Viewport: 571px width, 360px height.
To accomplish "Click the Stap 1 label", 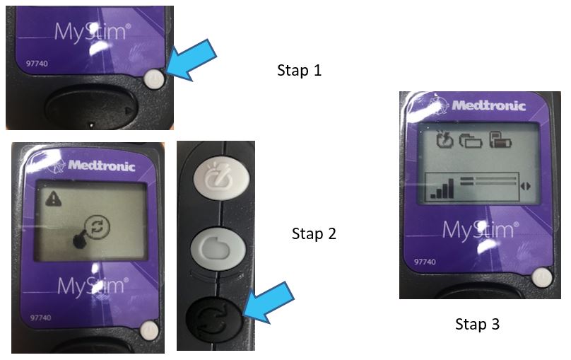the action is tap(300, 70).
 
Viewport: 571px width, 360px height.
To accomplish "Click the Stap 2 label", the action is tap(314, 233).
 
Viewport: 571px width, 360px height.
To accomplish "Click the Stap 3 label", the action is tap(478, 324).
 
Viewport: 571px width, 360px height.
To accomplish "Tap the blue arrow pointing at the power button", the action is tap(192, 60).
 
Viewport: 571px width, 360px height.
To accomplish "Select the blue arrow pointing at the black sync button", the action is tap(269, 302).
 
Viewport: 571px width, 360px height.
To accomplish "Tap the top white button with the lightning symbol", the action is tap(221, 177).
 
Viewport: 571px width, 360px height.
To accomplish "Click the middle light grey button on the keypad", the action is tap(218, 249).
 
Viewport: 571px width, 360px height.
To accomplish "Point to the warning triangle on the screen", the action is tap(54, 199).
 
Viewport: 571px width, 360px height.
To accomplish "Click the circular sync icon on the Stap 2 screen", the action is tap(98, 226).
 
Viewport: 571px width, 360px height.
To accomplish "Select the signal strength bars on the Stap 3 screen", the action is tap(442, 188).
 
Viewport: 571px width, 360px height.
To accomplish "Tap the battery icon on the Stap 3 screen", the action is tap(501, 140).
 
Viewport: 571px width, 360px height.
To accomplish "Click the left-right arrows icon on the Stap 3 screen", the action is tap(526, 186).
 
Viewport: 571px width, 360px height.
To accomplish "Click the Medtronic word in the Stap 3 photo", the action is tap(489, 105).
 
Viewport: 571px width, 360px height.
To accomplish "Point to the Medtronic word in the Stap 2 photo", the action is tap(102, 166).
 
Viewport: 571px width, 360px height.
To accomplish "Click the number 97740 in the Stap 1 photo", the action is tap(37, 64).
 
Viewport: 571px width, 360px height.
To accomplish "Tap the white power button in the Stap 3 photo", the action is tap(542, 278).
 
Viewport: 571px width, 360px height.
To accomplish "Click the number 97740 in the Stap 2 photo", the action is tap(40, 318).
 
